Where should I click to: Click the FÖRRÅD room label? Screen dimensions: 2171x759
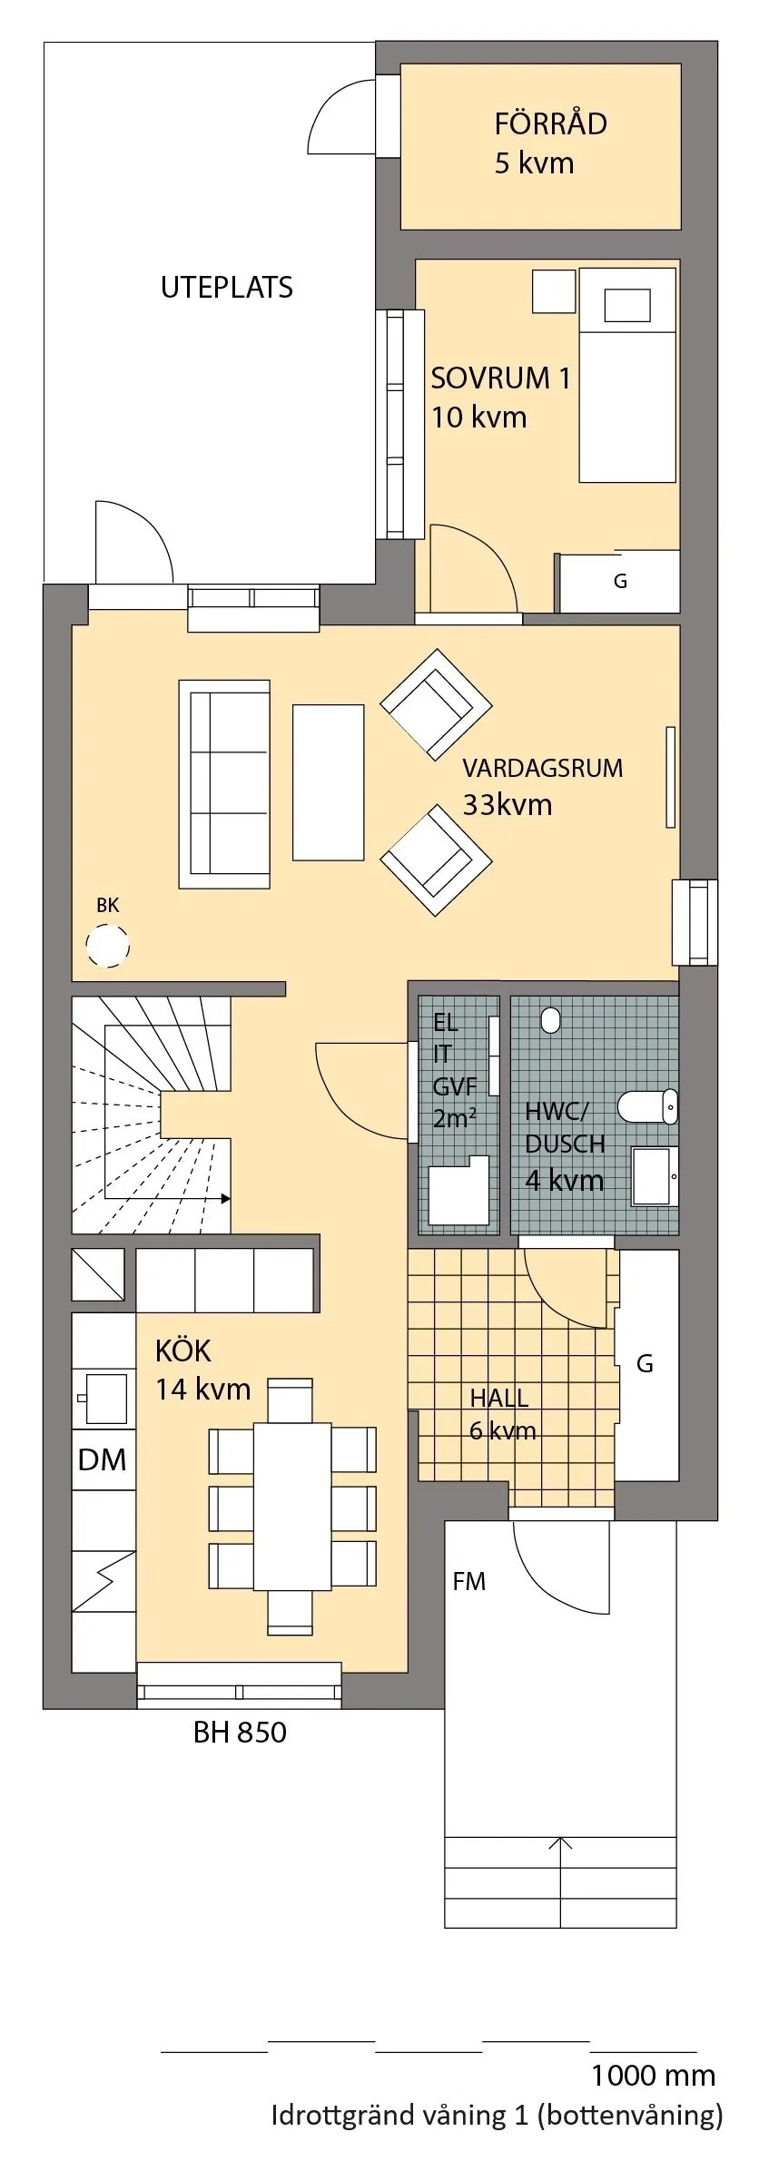(549, 142)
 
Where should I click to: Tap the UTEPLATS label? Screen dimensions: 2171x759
(227, 287)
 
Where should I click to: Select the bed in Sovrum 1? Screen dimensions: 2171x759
(627, 374)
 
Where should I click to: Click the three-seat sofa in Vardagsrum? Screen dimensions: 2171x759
(225, 783)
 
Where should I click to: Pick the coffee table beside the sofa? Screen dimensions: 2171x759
(328, 782)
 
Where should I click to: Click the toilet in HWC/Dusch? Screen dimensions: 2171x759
(647, 1106)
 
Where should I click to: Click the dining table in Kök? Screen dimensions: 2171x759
(292, 1506)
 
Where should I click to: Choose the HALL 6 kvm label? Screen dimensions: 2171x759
(501, 1414)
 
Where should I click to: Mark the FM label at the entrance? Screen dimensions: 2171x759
(469, 1582)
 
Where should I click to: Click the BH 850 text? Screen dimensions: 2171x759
(240, 1732)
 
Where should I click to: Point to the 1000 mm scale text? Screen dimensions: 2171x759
(653, 2074)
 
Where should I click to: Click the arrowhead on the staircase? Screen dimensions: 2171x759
(224, 1198)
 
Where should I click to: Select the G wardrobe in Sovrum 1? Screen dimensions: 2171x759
(620, 581)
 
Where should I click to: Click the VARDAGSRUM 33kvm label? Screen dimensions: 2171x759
(541, 786)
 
